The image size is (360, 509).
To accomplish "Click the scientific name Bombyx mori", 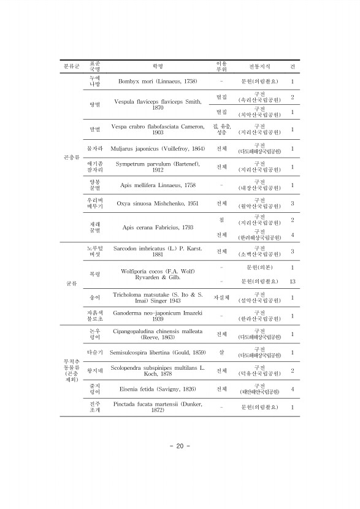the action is [x=158, y=81].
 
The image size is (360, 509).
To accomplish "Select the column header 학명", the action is [x=158, y=65].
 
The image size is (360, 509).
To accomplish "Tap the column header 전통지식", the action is [x=259, y=65].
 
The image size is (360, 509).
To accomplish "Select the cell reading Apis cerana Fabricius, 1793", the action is [x=158, y=228].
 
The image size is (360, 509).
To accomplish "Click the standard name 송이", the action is [x=94, y=298].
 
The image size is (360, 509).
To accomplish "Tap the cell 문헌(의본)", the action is [x=259, y=267].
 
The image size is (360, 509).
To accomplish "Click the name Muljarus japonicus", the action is [x=158, y=148].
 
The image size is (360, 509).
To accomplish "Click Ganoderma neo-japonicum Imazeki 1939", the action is [x=158, y=316].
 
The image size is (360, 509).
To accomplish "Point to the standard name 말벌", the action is [x=94, y=129].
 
